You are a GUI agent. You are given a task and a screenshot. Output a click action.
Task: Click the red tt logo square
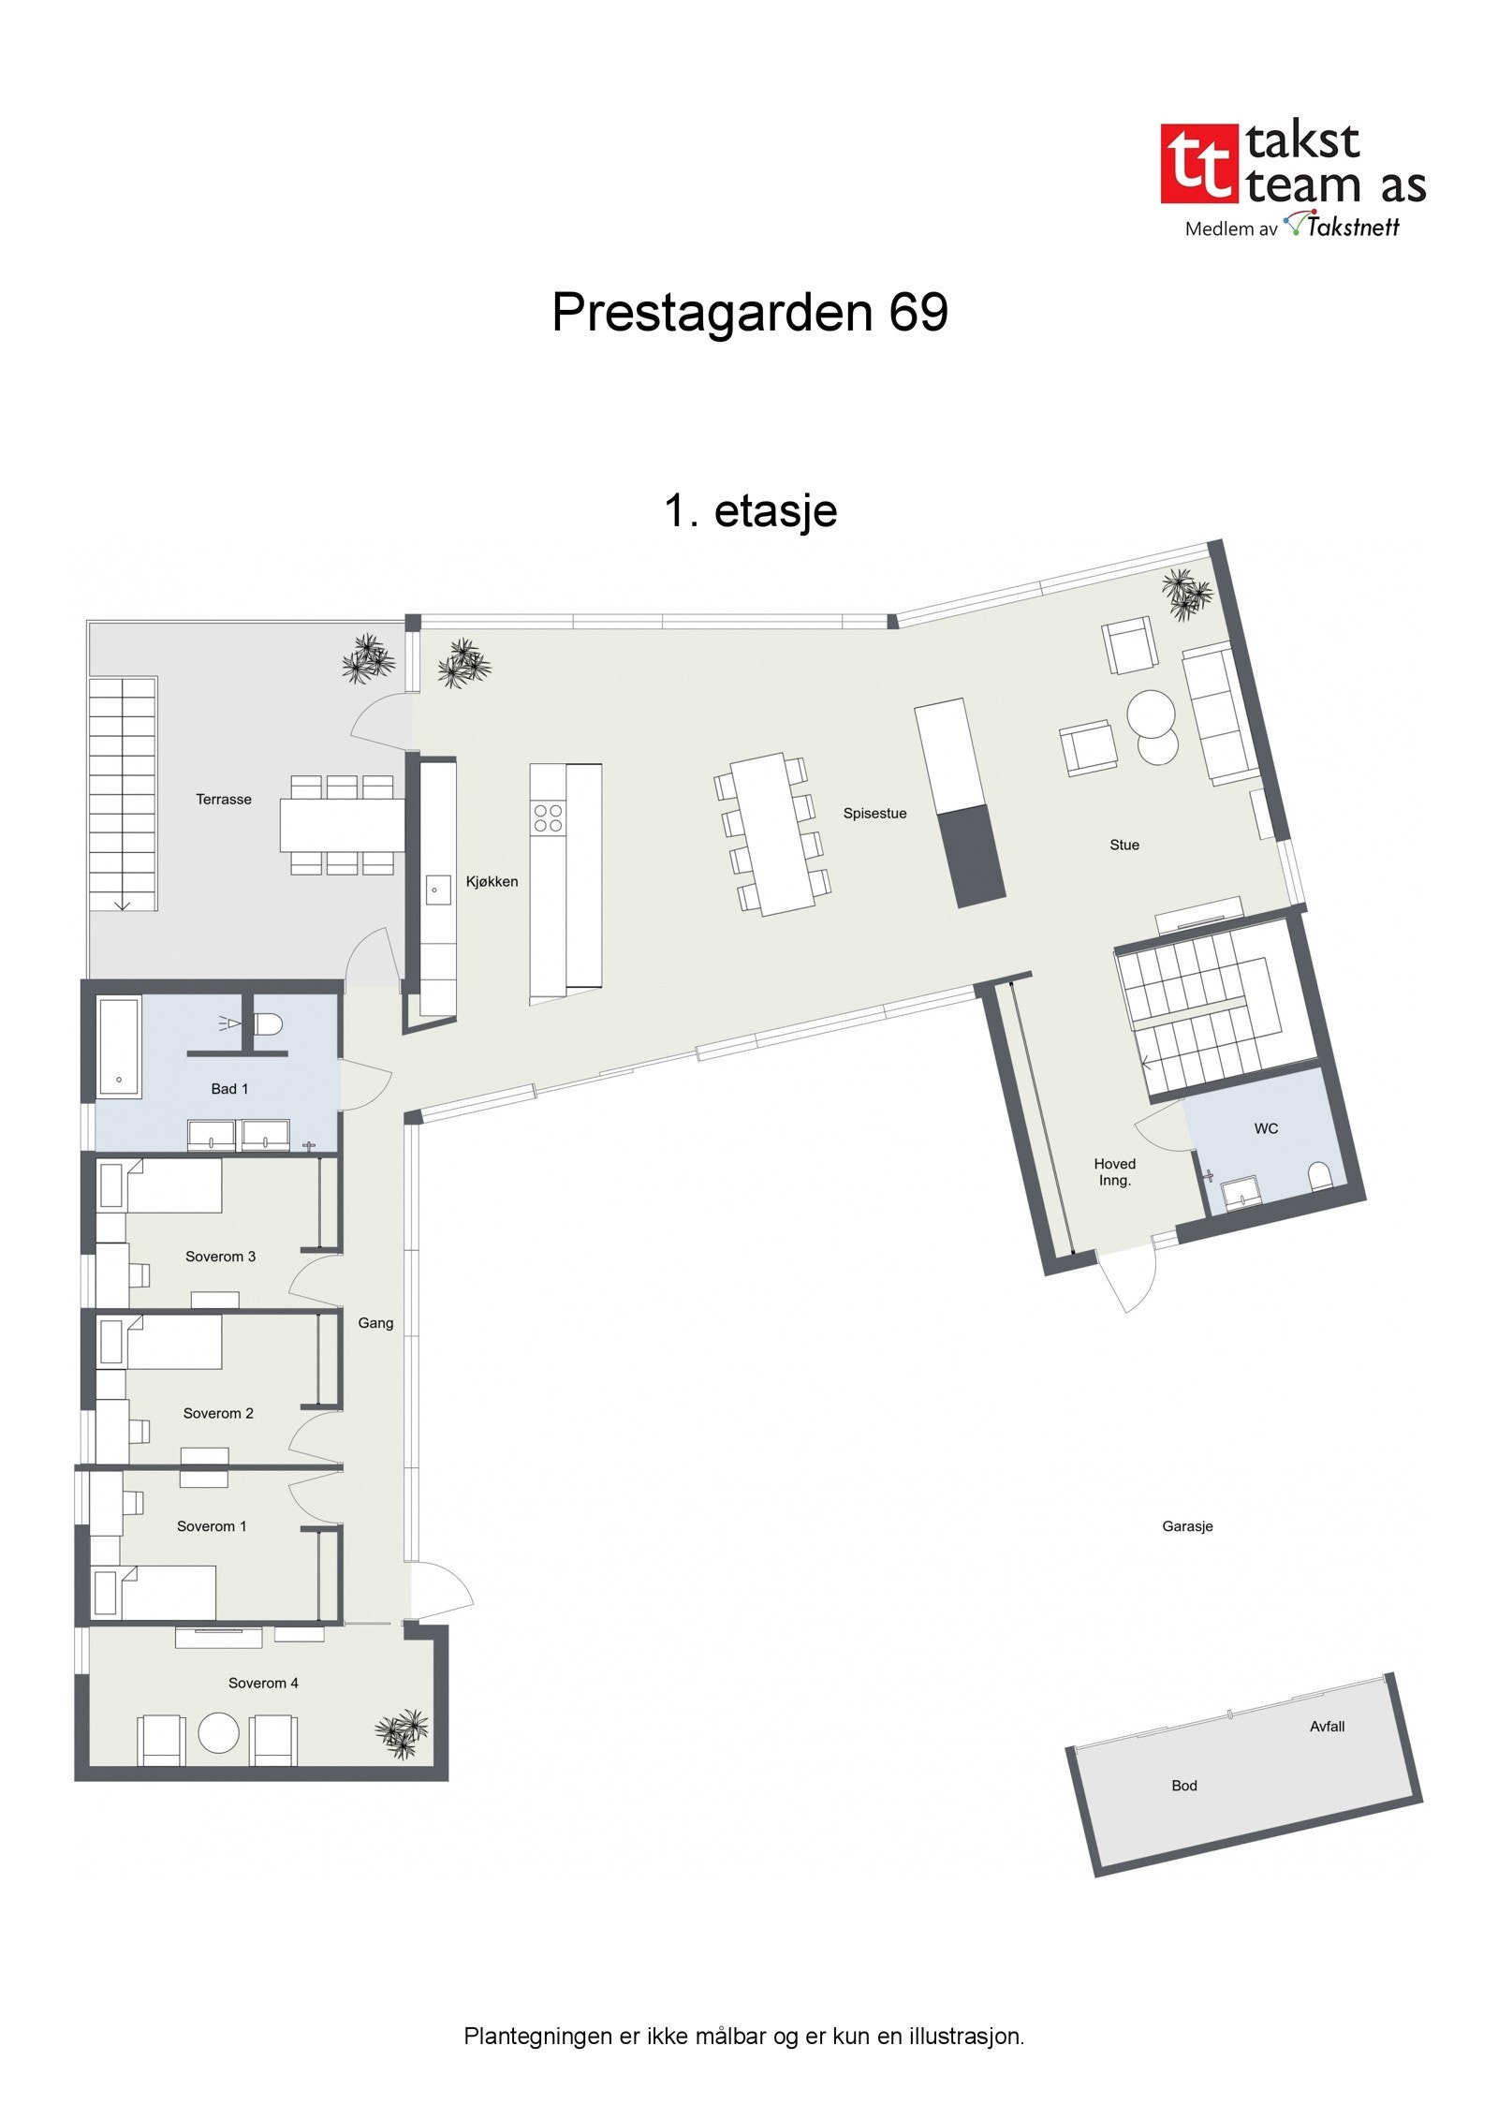point(1197,164)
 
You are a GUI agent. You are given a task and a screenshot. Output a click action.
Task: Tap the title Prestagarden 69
point(749,312)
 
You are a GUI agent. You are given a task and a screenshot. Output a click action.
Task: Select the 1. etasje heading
point(750,511)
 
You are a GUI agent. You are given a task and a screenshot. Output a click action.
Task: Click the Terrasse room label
point(224,800)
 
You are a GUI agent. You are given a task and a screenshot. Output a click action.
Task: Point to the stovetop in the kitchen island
point(548,817)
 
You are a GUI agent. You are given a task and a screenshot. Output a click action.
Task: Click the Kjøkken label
point(492,881)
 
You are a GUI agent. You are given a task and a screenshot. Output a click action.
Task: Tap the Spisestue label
point(874,814)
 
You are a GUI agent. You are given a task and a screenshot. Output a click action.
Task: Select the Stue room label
point(1124,845)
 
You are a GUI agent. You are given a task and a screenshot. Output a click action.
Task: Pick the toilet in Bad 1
point(269,1023)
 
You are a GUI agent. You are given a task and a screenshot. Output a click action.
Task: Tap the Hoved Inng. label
point(1114,1171)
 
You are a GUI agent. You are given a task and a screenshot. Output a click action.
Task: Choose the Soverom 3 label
point(220,1257)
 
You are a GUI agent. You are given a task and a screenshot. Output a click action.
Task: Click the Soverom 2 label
point(218,1413)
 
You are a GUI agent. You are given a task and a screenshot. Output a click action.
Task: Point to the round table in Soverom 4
point(219,1733)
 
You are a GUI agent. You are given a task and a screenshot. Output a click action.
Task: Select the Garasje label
point(1187,1526)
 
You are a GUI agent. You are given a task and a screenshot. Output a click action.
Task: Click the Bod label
point(1184,1786)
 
